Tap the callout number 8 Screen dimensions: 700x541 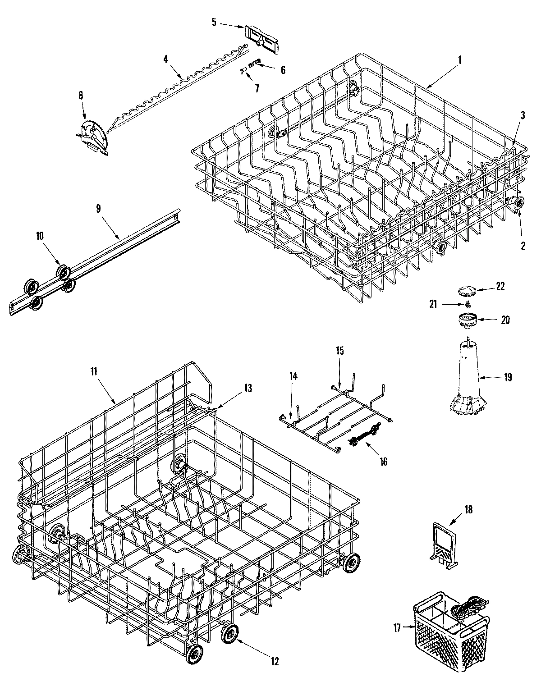tap(81, 95)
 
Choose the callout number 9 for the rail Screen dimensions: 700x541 tap(98, 208)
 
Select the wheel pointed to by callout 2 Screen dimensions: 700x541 tap(518, 203)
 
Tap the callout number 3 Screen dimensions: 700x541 tap(523, 115)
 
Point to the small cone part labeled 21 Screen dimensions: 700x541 tap(468, 305)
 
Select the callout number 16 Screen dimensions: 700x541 tap(383, 462)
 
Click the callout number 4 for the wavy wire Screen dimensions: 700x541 tap(165, 59)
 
